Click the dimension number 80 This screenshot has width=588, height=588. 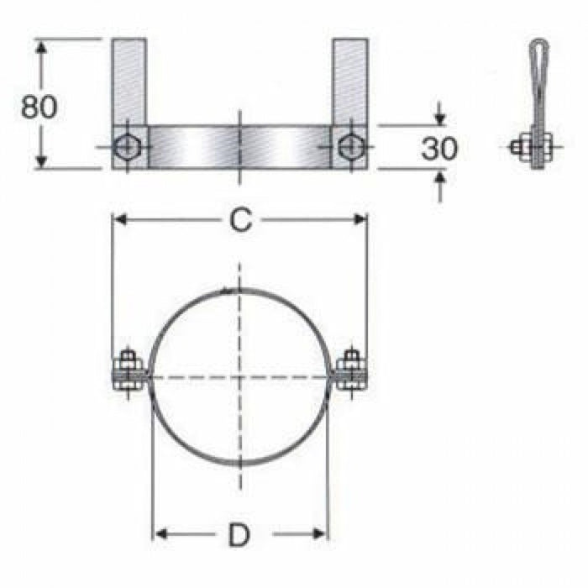click(39, 107)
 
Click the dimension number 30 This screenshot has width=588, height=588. click(439, 149)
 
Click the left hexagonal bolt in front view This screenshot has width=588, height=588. click(128, 147)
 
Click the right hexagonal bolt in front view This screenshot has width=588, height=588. click(348, 147)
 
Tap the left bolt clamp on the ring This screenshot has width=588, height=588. click(129, 372)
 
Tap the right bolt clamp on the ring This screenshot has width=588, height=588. click(350, 372)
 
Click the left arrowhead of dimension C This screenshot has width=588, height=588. click(118, 219)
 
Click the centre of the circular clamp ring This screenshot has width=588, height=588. click(240, 376)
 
